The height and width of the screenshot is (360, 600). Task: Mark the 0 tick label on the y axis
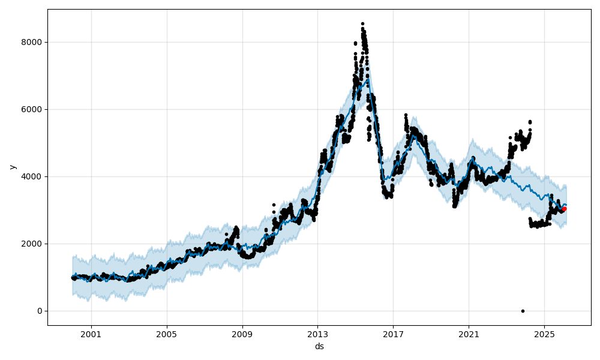pyautogui.click(x=40, y=311)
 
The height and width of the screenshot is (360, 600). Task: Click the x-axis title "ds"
pyautogui.click(x=319, y=346)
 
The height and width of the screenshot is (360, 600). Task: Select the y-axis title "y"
pyautogui.click(x=11, y=167)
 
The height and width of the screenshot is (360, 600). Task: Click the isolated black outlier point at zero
pyautogui.click(x=523, y=311)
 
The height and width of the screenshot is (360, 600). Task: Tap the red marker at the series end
pyautogui.click(x=564, y=209)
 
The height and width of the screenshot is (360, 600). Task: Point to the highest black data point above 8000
pyautogui.click(x=362, y=24)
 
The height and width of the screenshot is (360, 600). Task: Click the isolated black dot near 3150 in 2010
pyautogui.click(x=274, y=205)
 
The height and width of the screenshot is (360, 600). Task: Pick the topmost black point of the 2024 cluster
pyautogui.click(x=530, y=122)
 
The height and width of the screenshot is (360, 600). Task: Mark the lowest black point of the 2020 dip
pyautogui.click(x=454, y=206)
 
